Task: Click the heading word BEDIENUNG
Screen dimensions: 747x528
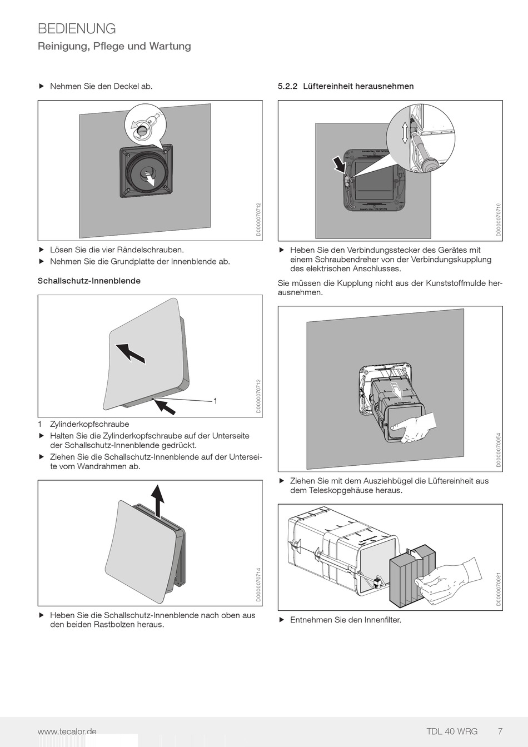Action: pyautogui.click(x=77, y=29)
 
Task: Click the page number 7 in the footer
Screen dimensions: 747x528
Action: pyautogui.click(x=500, y=731)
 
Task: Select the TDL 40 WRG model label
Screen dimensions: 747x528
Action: pyautogui.click(x=451, y=731)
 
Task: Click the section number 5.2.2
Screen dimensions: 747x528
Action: pyautogui.click(x=288, y=86)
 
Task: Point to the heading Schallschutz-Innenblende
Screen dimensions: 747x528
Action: pyautogui.click(x=89, y=281)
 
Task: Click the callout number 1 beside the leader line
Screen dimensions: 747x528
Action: pyautogui.click(x=215, y=401)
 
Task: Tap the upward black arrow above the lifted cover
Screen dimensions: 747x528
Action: pyautogui.click(x=159, y=500)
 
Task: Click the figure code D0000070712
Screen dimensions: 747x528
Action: pyautogui.click(x=258, y=220)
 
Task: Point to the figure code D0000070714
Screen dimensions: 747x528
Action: pyautogui.click(x=258, y=585)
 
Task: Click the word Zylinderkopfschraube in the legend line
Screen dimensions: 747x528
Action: pyautogui.click(x=89, y=424)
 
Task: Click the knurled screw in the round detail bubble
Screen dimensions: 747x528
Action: pyautogui.click(x=143, y=130)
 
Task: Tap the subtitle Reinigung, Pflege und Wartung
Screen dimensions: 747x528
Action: pyautogui.click(x=114, y=46)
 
